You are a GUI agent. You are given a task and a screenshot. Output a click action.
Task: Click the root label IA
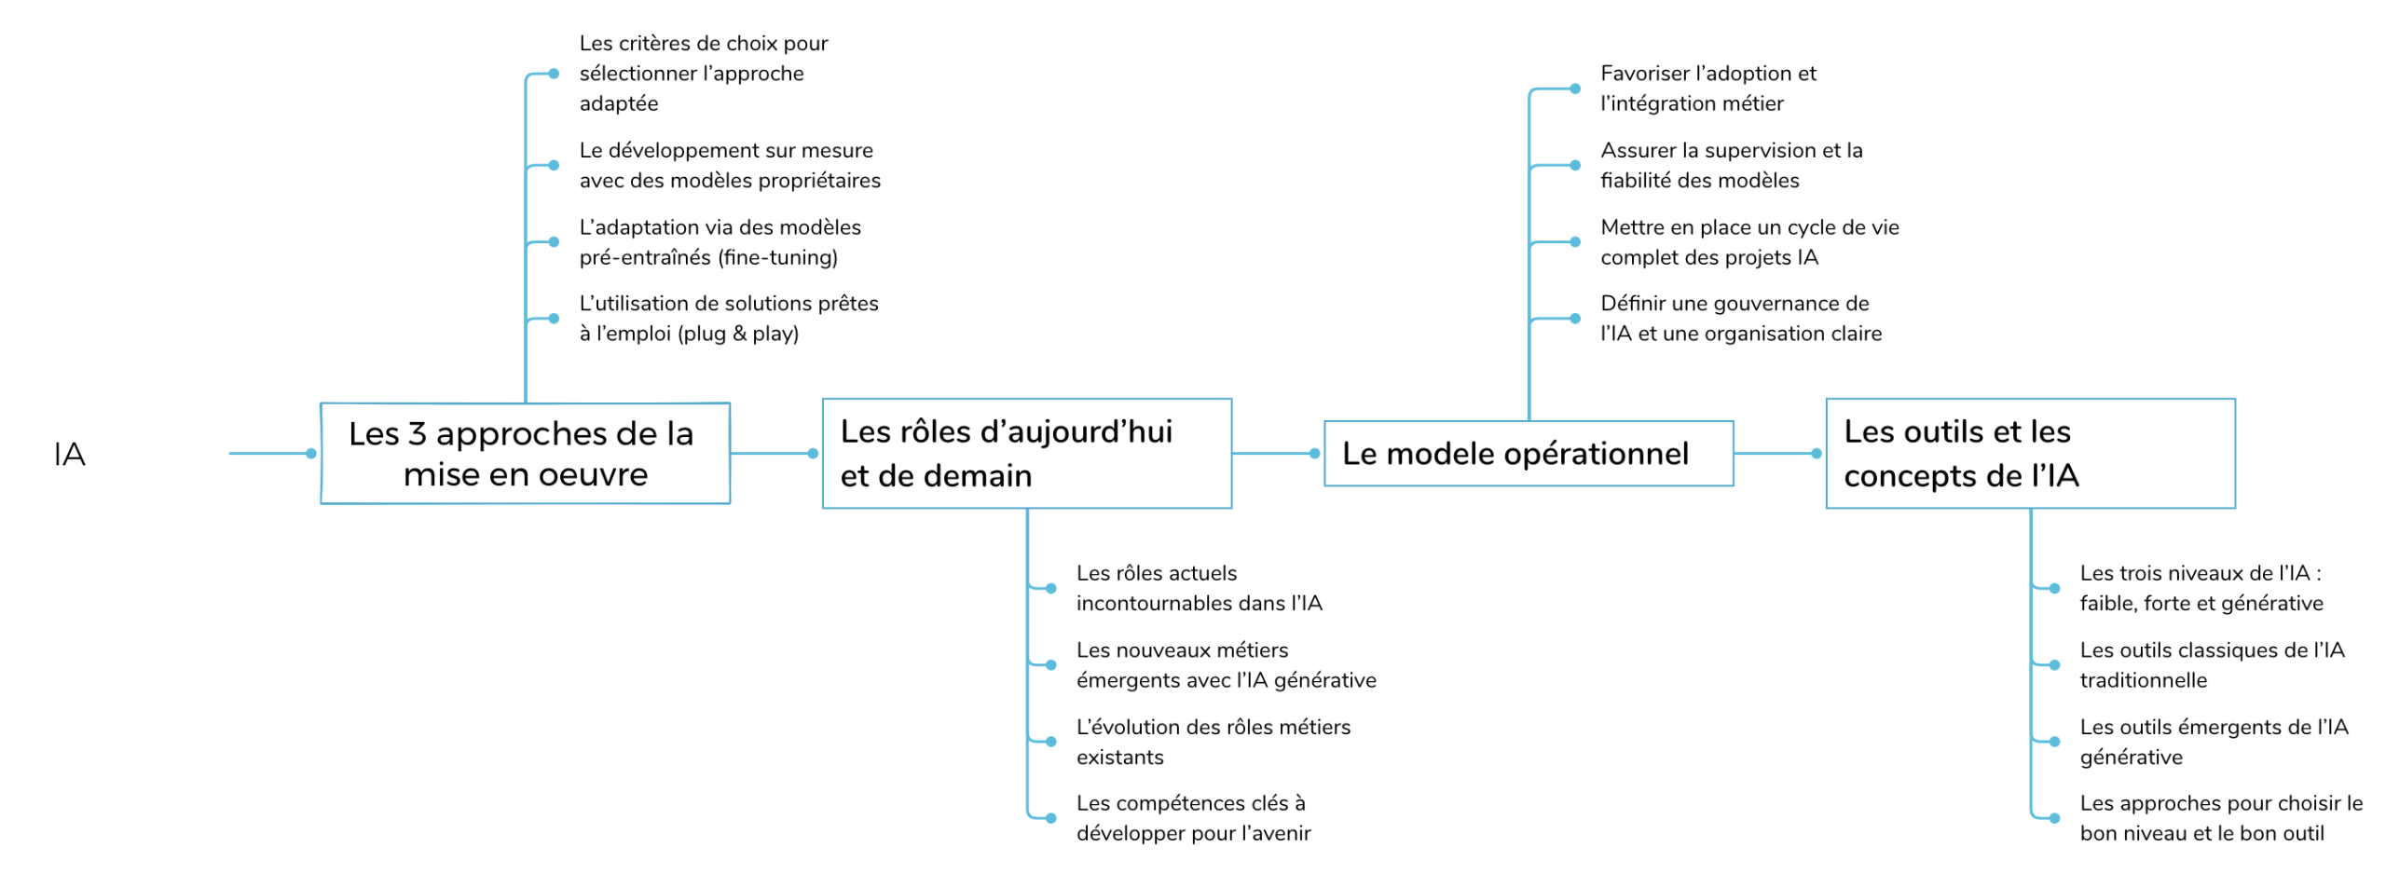70,454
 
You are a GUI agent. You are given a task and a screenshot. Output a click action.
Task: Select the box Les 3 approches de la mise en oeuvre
525,453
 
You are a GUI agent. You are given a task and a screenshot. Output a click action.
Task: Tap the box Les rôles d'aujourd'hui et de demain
1026,453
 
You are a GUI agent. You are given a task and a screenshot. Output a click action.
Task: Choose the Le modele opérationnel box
1528,453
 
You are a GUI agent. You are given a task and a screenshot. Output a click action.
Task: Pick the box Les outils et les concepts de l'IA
2030,453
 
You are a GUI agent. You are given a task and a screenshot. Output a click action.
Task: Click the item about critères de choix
704,73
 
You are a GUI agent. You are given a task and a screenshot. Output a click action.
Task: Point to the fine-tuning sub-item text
720,241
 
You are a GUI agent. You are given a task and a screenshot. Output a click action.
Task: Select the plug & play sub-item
729,318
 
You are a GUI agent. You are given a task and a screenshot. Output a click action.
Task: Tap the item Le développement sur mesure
730,165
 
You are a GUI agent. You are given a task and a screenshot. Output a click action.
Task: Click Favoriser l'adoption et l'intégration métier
1707,88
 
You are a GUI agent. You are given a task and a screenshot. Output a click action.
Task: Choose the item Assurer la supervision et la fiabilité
1731,165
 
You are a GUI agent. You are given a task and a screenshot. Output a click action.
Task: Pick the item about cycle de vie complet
1749,241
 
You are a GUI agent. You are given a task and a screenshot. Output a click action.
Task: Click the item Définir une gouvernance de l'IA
1740,318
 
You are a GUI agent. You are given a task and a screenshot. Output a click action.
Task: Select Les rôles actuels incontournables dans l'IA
1199,588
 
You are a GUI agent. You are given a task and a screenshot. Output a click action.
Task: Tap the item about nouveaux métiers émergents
1226,664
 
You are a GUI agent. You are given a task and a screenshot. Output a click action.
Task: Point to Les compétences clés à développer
1193,817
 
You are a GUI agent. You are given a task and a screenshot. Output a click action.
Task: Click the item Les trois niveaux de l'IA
2201,588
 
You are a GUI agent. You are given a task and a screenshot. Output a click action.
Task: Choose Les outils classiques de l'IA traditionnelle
2212,664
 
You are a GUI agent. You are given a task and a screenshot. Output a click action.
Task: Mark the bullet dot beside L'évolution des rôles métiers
1050,742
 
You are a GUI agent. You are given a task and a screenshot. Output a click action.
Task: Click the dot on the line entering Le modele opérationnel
1314,454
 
